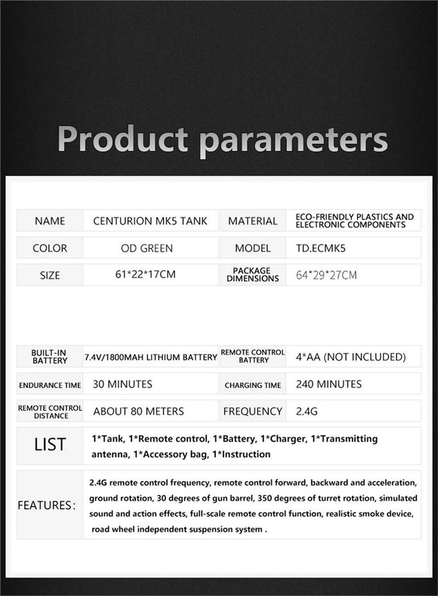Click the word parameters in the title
tap(293, 140)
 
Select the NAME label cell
tap(50, 221)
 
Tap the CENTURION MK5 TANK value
tap(150, 221)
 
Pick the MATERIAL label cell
tap(252, 221)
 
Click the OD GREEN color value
tap(147, 248)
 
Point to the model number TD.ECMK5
tap(317, 248)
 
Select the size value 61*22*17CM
tap(146, 274)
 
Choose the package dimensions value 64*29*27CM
tap(326, 275)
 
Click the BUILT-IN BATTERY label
tap(50, 356)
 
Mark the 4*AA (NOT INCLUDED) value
tap(351, 357)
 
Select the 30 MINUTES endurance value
tap(123, 384)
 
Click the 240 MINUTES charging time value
tap(328, 384)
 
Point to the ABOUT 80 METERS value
tap(139, 411)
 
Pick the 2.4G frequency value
tap(307, 411)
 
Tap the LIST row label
tap(50, 445)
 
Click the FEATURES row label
tap(46, 505)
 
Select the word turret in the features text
tap(319, 498)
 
